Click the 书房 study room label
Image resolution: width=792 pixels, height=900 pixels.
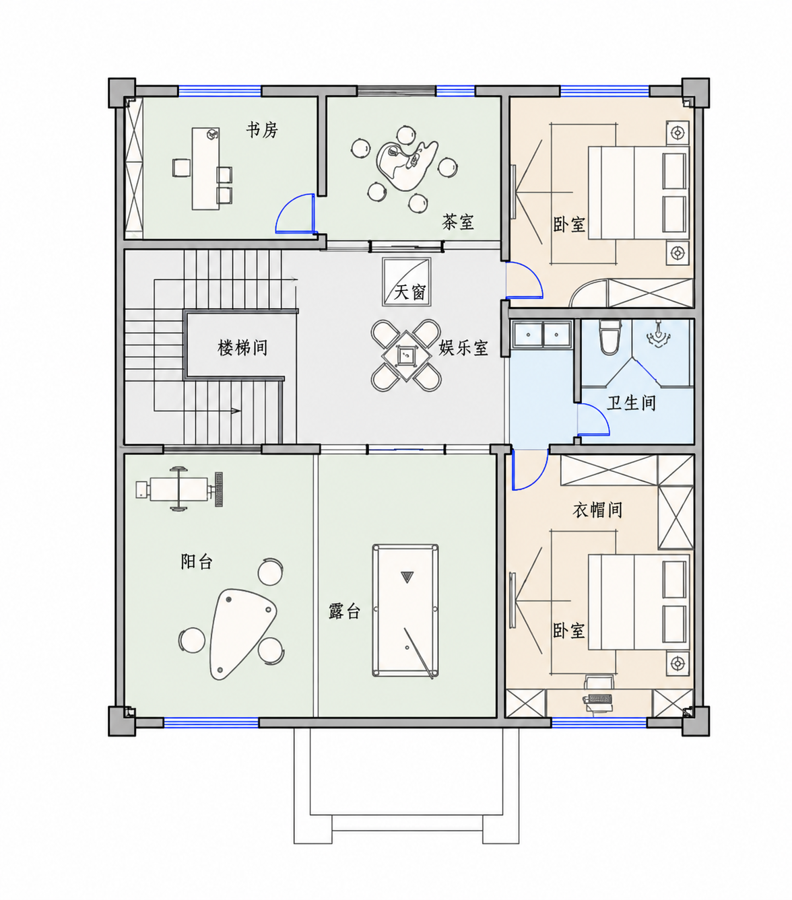(x=262, y=130)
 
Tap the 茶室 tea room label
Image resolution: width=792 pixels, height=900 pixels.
(x=458, y=221)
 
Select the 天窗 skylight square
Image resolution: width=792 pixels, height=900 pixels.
(x=407, y=281)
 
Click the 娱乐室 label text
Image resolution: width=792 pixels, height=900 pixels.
(x=463, y=347)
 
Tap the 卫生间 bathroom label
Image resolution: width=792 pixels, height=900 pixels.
(x=632, y=403)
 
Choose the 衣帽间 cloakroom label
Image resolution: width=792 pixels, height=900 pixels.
(x=597, y=510)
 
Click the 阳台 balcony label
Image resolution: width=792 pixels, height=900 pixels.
(x=197, y=561)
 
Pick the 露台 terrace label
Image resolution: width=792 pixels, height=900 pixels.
(x=344, y=611)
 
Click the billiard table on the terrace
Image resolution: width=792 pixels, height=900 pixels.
(x=405, y=611)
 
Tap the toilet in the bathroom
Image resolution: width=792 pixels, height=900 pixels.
(x=609, y=337)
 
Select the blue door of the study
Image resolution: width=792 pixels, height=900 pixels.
(x=294, y=214)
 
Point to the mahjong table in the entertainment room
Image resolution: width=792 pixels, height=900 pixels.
(x=405, y=355)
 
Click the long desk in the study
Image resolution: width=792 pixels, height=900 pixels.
(x=206, y=168)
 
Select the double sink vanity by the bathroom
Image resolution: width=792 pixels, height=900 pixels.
(x=541, y=334)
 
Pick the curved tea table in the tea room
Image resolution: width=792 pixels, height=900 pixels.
(x=406, y=166)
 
